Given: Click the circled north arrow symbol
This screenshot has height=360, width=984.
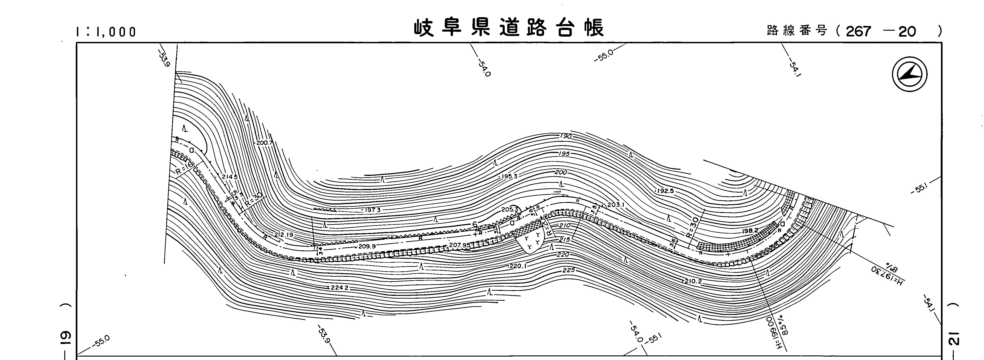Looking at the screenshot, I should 910,74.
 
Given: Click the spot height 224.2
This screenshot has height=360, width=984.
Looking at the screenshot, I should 339,287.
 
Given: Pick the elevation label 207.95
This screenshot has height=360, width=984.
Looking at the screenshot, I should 460,245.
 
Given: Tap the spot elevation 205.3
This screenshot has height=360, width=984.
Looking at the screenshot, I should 510,209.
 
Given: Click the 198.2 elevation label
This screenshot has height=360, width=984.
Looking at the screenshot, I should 750,231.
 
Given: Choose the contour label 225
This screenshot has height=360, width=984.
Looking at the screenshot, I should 568,270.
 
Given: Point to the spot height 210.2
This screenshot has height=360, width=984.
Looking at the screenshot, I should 693,281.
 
